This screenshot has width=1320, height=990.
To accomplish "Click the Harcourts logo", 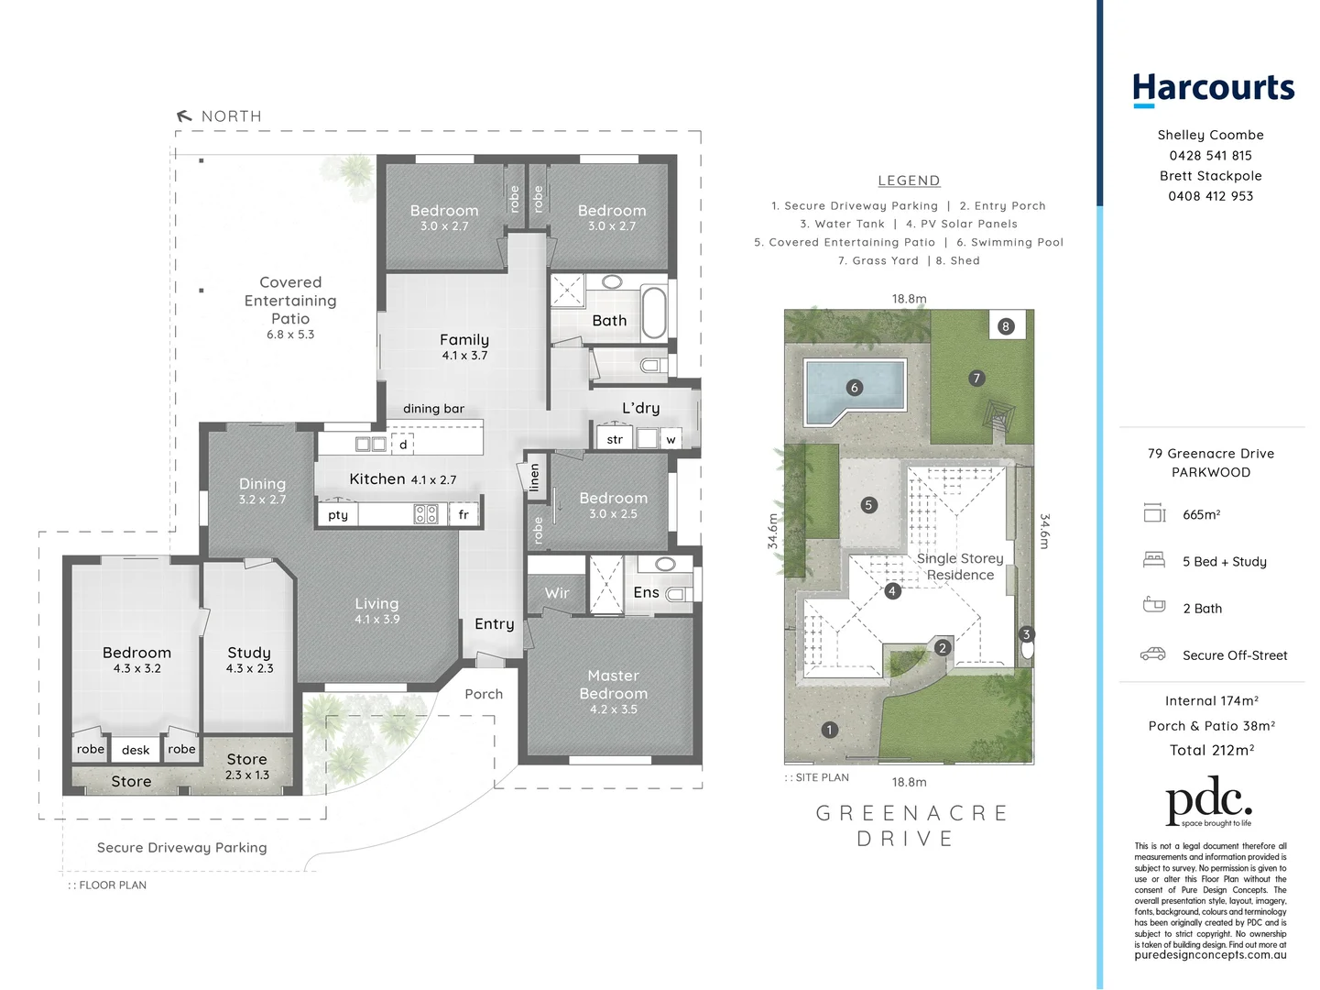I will coord(1213,89).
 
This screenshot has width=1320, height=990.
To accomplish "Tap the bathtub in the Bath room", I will coord(654,313).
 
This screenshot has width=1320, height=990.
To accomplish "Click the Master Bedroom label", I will coord(613,685).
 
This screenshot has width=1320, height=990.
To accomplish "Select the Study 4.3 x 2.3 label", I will coord(249,659).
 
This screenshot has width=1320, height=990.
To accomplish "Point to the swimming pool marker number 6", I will coord(855,388).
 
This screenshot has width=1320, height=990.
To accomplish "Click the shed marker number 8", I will coord(1006,326).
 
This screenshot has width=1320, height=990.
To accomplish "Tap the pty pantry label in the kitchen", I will coord(338,515).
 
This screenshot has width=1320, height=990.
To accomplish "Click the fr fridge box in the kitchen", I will coord(464,514).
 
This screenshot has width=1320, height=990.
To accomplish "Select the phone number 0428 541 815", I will coord(1210,156).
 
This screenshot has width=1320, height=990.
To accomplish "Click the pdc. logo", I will coord(1208,801).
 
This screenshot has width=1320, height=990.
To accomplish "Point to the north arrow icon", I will coord(184,116).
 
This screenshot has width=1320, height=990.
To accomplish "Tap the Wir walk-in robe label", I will coord(557,593).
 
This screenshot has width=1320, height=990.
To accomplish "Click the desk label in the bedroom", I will coord(136,750).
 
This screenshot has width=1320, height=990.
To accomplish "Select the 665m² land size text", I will coord(1201,515).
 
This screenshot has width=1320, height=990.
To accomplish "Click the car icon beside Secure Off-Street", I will coord(1152,654).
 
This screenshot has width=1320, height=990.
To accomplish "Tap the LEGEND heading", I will coord(909,181).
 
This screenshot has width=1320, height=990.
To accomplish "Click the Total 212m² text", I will coord(1211,750).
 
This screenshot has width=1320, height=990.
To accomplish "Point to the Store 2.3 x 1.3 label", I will coord(247,766).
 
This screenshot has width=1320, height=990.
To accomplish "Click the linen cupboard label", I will coord(534,477).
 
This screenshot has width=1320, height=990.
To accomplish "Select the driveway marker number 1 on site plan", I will coord(829,731).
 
